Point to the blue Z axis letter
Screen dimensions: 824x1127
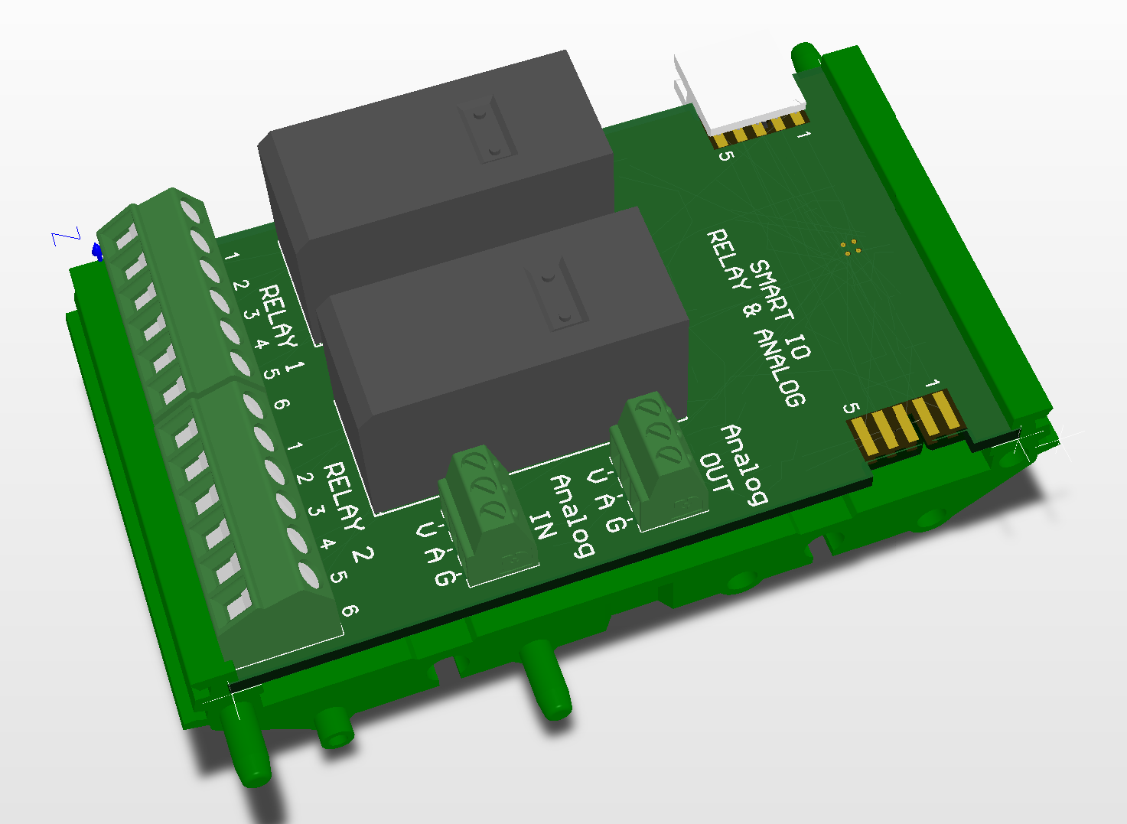click(66, 238)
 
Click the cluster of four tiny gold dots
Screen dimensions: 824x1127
click(849, 247)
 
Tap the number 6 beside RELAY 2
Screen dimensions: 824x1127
click(349, 611)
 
